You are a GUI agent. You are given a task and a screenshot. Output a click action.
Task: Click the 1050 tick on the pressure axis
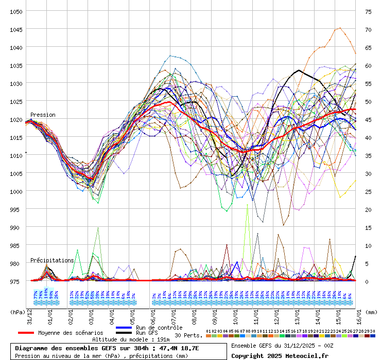(x=16, y=11)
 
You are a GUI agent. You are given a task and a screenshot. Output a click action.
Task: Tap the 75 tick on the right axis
(x=368, y=11)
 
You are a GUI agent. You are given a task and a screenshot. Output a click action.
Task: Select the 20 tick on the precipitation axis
(x=368, y=209)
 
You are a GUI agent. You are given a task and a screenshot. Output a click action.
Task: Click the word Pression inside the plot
(x=43, y=115)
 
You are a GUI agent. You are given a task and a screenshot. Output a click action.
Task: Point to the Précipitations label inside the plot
(x=52, y=260)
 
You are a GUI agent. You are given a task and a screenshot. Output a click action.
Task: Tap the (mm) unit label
(x=372, y=312)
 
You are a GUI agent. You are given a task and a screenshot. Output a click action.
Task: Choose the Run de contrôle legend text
(x=159, y=328)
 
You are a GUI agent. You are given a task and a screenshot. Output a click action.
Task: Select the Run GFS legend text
(x=147, y=333)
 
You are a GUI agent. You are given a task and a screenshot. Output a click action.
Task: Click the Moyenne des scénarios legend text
(x=71, y=333)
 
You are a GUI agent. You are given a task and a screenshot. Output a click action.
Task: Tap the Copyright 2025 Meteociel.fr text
(x=280, y=355)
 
